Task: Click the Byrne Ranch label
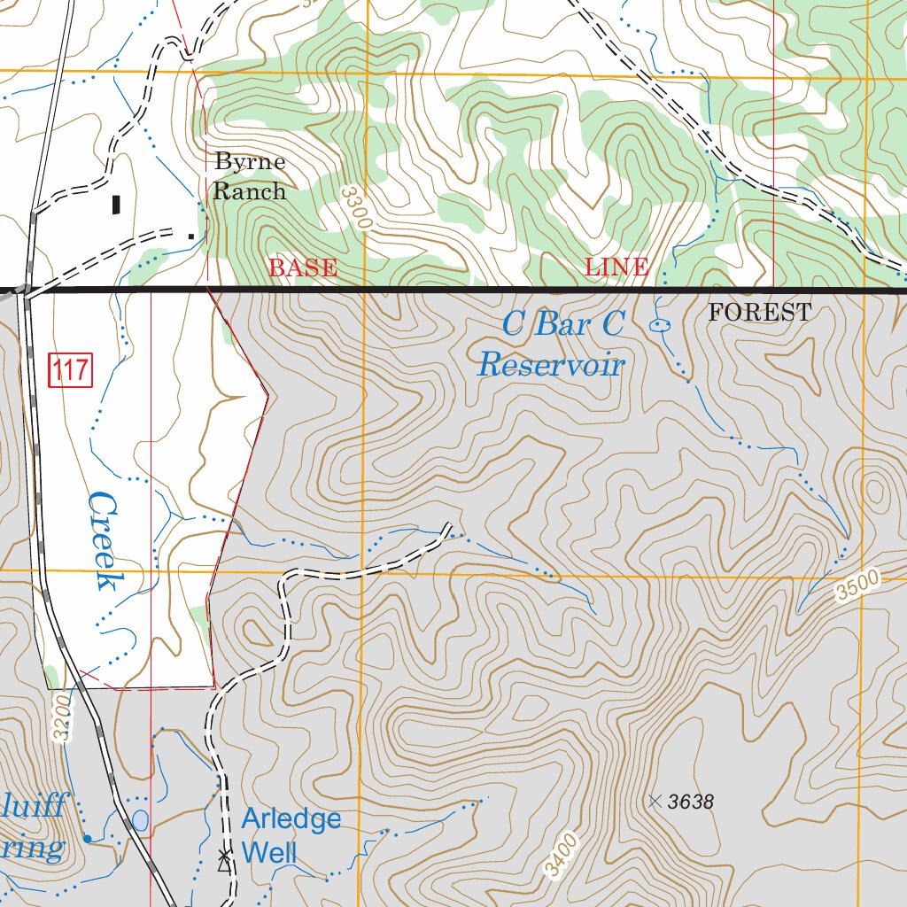[x=250, y=176]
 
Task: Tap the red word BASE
[x=303, y=267]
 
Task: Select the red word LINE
[x=616, y=267]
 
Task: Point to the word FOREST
[x=759, y=313]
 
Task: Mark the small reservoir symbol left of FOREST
[x=660, y=326]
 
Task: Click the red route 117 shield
[x=70, y=369]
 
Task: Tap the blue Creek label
[x=105, y=541]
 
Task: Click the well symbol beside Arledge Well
[x=224, y=856]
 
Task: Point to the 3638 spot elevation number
[x=691, y=802]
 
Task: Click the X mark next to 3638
[x=655, y=802]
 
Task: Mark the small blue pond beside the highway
[x=140, y=820]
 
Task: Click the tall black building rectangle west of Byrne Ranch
[x=116, y=205]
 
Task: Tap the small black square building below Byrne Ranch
[x=190, y=236]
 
